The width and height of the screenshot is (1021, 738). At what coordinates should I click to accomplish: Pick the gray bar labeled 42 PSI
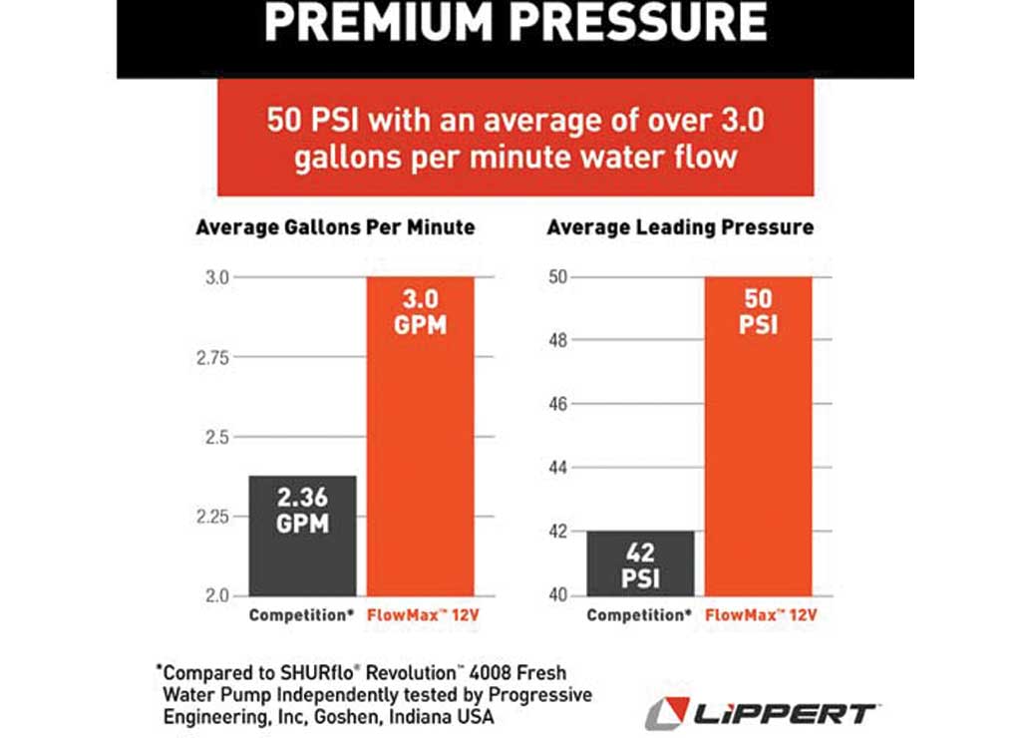pos(640,563)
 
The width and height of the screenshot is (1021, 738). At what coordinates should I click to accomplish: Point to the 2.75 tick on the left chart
pos(215,357)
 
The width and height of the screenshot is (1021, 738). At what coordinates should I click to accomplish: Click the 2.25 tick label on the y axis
pos(215,517)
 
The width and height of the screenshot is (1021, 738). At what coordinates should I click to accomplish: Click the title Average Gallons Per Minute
pos(335,228)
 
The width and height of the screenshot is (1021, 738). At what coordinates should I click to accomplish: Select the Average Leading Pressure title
pos(680,228)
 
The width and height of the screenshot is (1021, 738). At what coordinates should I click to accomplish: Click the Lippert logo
pos(761,713)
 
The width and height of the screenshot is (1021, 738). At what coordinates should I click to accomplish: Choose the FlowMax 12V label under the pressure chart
pos(761,615)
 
